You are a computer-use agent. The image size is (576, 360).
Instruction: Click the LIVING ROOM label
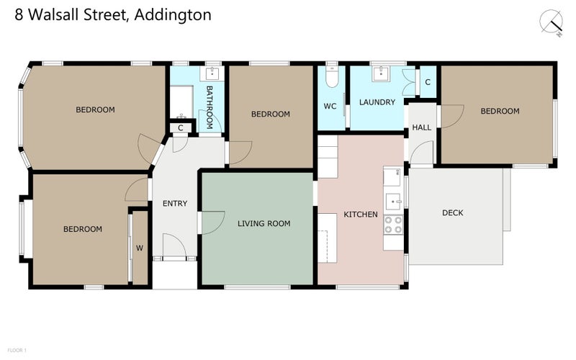pyautogui.click(x=264, y=223)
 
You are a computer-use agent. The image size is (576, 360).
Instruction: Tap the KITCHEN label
pyautogui.click(x=361, y=214)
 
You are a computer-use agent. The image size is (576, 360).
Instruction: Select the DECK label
pyautogui.click(x=453, y=212)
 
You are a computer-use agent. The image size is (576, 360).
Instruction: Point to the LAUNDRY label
pyautogui.click(x=377, y=102)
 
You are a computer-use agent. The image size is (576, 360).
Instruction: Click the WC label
pyautogui.click(x=330, y=106)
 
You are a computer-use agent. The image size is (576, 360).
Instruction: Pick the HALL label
pyautogui.click(x=421, y=127)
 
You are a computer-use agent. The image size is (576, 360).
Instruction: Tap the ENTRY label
pyautogui.click(x=175, y=204)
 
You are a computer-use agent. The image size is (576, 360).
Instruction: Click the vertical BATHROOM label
pyautogui.click(x=210, y=107)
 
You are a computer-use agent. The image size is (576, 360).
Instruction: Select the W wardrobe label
pyautogui.click(x=140, y=248)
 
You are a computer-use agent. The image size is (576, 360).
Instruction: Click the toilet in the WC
pyautogui.click(x=332, y=77)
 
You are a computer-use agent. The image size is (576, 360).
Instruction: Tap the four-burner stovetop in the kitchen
pyautogui.click(x=393, y=225)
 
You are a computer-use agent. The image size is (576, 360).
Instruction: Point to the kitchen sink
pyautogui.click(x=393, y=202)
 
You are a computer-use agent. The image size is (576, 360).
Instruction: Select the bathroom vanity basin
pyautogui.click(x=212, y=73)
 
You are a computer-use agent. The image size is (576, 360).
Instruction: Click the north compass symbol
pyautogui.click(x=552, y=23)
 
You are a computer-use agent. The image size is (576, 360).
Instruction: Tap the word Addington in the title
pyautogui.click(x=173, y=15)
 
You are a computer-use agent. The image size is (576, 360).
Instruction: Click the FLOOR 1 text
pyautogui.click(x=17, y=350)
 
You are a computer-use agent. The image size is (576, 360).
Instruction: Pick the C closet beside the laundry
pyautogui.click(x=428, y=82)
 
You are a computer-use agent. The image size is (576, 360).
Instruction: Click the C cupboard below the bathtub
pyautogui.click(x=181, y=128)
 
